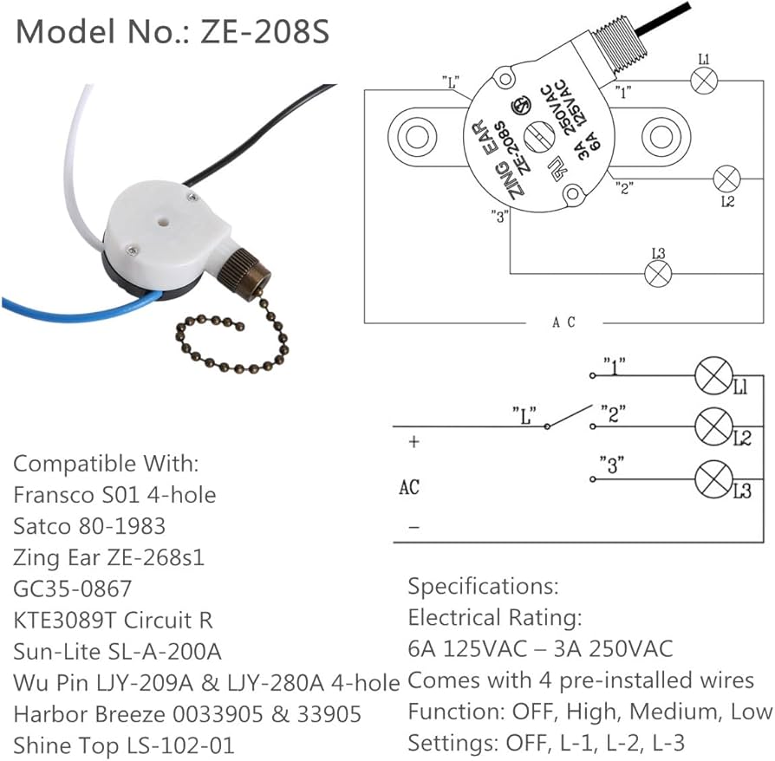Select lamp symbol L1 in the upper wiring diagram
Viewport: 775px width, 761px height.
pos(703,81)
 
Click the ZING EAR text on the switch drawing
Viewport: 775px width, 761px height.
pos(497,171)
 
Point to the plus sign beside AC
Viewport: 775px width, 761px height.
pos(414,441)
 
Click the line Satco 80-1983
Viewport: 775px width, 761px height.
pos(89,525)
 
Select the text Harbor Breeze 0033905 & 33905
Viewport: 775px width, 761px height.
pos(187,714)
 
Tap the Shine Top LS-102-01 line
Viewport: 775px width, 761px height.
pos(123,745)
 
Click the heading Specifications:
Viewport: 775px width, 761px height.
pos(483,586)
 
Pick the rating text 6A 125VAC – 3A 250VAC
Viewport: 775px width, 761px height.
pos(540,648)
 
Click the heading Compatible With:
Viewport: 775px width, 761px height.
pos(106,463)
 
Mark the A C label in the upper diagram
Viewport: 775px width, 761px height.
pos(563,322)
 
